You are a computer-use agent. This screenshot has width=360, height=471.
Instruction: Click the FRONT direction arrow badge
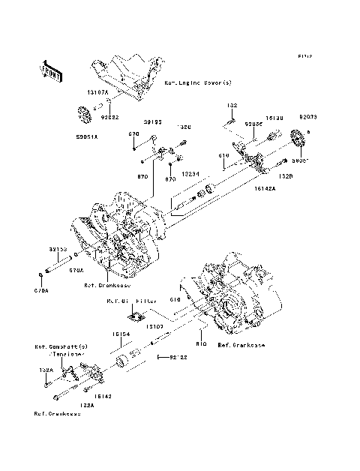(x=49, y=69)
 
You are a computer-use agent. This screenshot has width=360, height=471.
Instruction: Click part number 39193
(x=153, y=120)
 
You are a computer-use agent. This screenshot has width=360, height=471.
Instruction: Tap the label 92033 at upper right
(x=309, y=118)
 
